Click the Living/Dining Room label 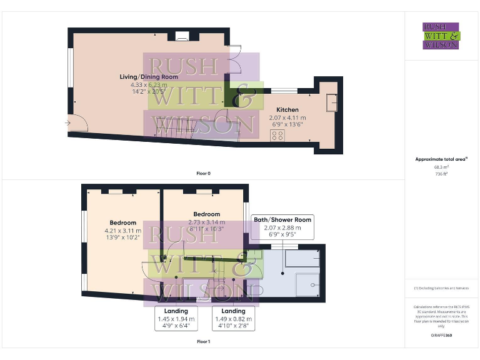[149, 77]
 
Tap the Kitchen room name [287, 110]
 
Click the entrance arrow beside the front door [67, 123]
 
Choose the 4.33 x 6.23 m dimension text [149, 84]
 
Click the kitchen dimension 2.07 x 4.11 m [287, 117]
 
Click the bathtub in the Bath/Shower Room [302, 258]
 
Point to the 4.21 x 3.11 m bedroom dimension [123, 231]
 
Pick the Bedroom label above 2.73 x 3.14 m [206, 214]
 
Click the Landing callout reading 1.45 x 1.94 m [176, 319]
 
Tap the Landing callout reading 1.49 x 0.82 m [233, 319]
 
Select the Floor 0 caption [203, 173]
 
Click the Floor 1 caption [203, 342]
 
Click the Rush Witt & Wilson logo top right [441, 36]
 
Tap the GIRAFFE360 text [441, 336]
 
